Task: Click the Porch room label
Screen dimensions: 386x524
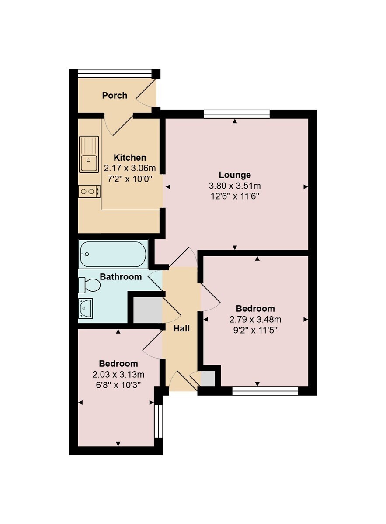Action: click(115, 96)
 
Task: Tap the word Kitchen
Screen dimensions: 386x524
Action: click(130, 158)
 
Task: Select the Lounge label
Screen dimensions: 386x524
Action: click(235, 175)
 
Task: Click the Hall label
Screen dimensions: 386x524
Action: click(181, 329)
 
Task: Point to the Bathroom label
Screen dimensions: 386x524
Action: click(121, 277)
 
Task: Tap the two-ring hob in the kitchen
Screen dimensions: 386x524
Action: click(89, 191)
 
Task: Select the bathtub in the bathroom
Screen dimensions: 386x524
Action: click(113, 254)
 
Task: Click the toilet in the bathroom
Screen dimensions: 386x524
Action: click(89, 285)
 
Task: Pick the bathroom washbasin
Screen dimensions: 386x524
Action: click(86, 308)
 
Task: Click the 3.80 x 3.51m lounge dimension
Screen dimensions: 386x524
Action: click(235, 186)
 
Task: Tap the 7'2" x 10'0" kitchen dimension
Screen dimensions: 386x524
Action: click(130, 179)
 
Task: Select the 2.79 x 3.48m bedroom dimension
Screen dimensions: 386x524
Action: click(255, 319)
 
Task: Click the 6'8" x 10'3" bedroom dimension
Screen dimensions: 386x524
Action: click(118, 385)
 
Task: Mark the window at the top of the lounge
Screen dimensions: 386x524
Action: click(237, 114)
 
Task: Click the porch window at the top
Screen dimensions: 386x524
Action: click(115, 73)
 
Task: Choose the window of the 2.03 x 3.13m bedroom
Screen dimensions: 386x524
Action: click(158, 421)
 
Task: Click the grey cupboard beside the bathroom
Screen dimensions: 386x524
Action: click(148, 310)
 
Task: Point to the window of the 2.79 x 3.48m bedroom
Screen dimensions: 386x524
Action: click(265, 391)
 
